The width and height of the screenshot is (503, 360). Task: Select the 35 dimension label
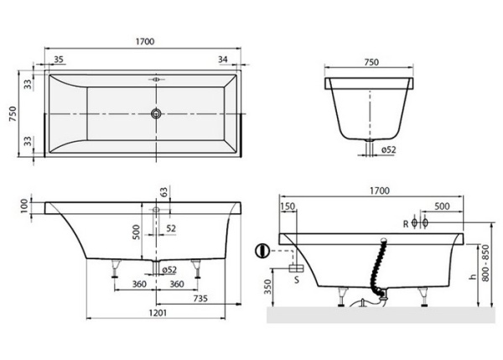tap(59, 59)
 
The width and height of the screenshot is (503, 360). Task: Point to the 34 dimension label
tap(222, 59)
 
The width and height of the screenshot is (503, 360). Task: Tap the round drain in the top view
tap(156, 112)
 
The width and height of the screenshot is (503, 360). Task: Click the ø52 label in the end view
tap(388, 149)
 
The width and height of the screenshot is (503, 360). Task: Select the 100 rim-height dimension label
tap(24, 205)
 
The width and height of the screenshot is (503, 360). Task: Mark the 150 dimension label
tap(288, 206)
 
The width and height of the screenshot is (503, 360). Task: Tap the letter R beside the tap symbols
tap(405, 223)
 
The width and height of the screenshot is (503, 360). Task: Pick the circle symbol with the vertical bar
tap(262, 250)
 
